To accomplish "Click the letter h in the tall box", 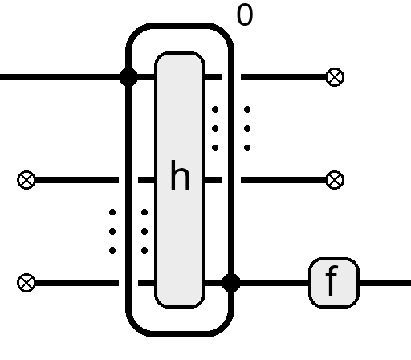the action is click(180, 175).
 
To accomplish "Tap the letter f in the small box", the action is click(332, 280).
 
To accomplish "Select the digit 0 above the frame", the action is click(245, 15).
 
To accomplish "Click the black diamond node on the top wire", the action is click(128, 77).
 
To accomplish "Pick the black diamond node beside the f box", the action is click(231, 283).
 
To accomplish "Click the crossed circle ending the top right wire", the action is click(336, 77).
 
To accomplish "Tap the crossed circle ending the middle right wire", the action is click(336, 180).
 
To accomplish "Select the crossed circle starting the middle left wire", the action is click(26, 180).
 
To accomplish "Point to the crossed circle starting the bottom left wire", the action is click(26, 283).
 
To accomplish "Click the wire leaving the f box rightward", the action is click(385, 283).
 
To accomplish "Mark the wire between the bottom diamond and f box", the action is click(275, 283).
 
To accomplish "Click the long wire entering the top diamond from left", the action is click(60, 77).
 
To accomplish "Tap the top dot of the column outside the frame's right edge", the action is click(247, 109).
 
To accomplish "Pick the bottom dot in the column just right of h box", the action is click(215, 148).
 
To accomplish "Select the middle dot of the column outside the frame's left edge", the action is click(112, 231).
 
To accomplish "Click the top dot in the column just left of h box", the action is click(144, 212).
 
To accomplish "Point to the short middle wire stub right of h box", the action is click(213, 180).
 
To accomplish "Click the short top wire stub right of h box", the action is click(213, 77).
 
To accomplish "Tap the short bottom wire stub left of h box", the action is click(147, 283).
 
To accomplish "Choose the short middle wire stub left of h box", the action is click(147, 180).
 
